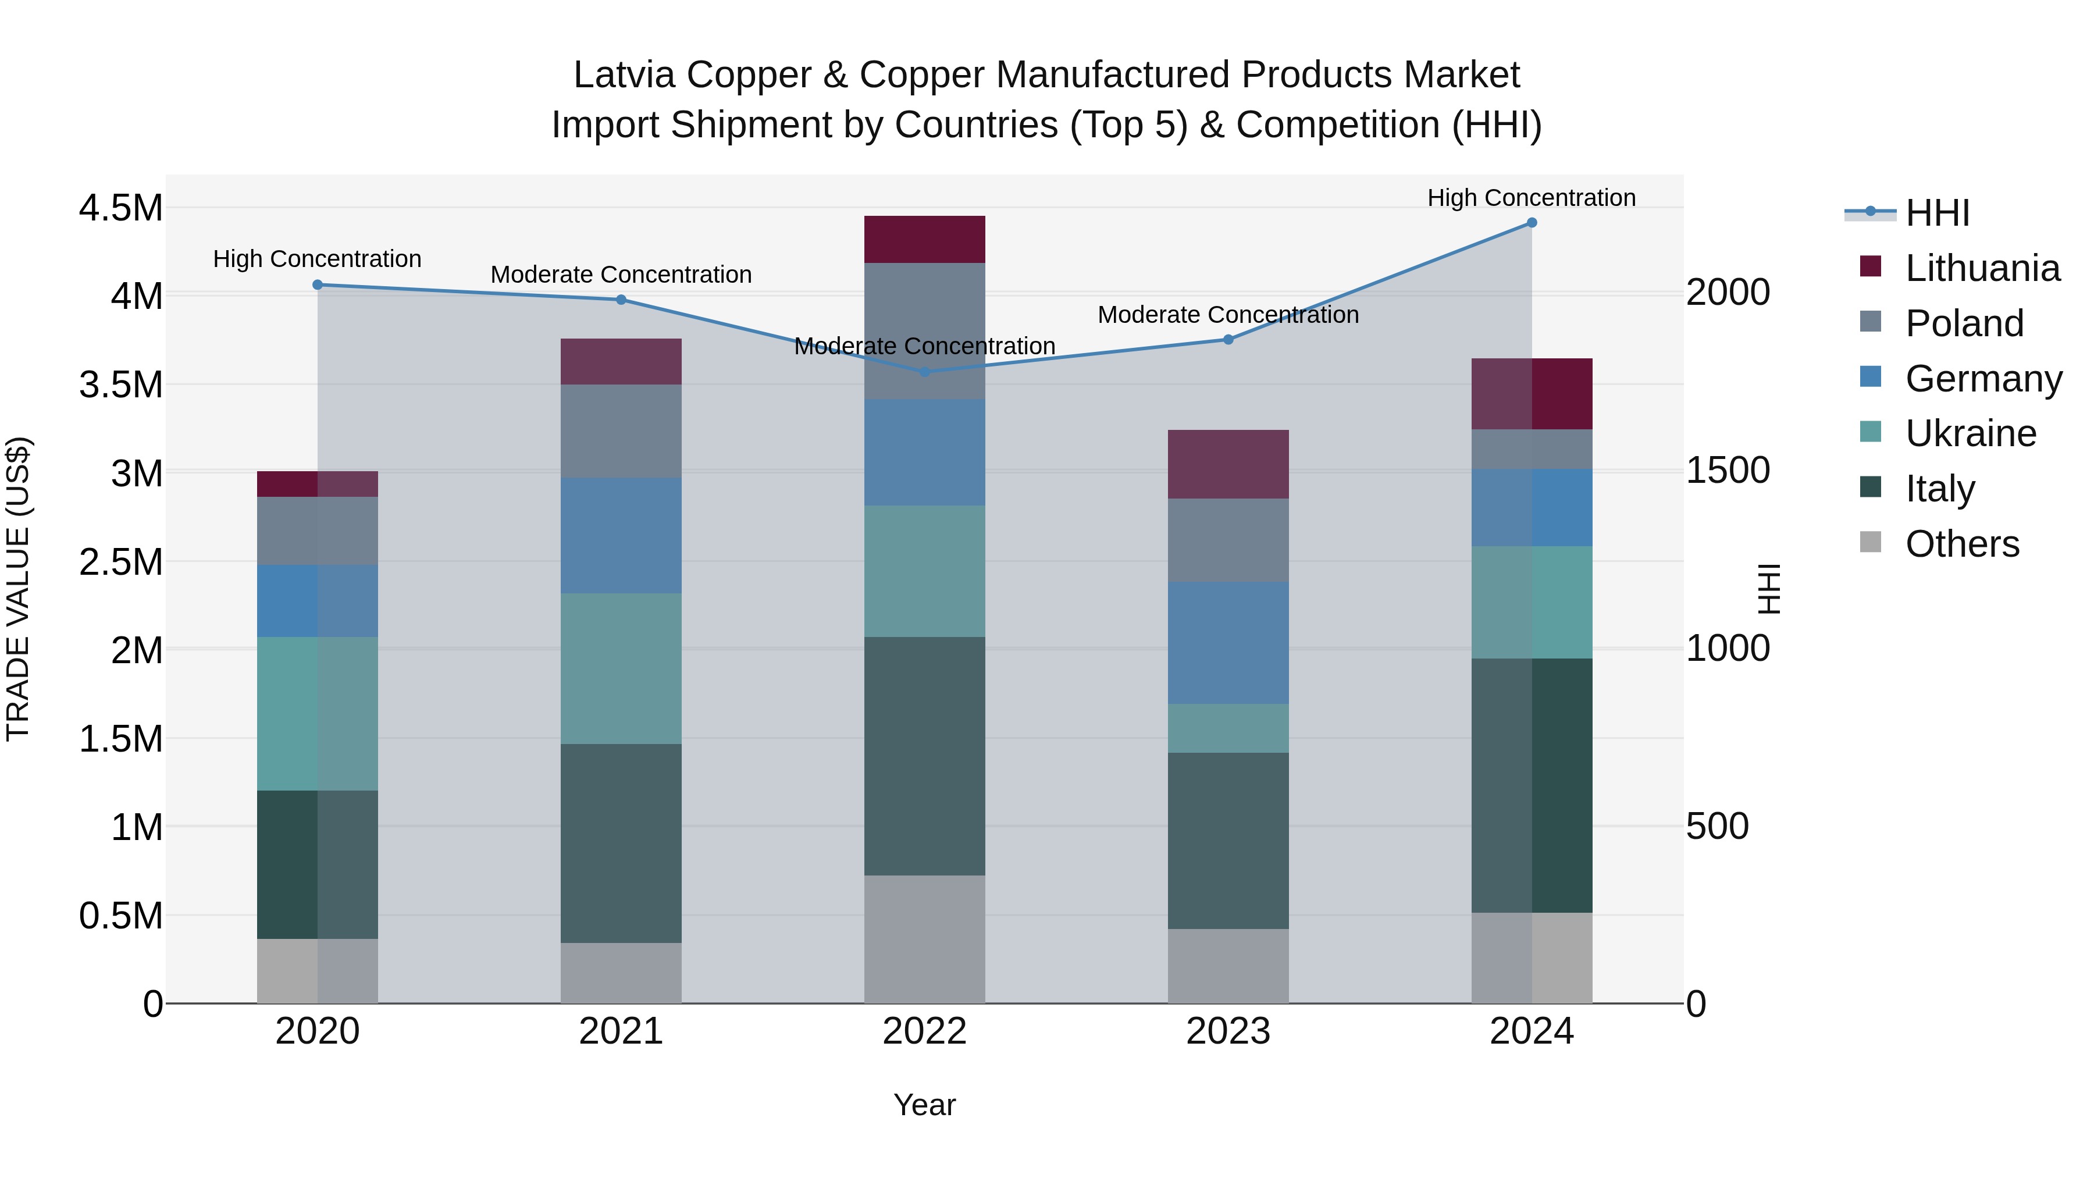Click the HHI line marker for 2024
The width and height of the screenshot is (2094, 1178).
pos(1532,223)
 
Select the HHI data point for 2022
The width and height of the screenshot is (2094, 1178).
pos(924,372)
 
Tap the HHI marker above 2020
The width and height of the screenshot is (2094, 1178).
pos(318,284)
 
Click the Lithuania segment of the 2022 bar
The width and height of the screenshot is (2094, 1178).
pos(924,240)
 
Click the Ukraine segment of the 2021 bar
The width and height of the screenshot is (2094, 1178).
pos(621,668)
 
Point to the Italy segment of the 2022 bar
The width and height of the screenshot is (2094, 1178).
pos(924,756)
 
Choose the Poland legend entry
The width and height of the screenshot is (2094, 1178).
pos(1964,323)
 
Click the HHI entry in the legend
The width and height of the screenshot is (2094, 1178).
pos(1936,213)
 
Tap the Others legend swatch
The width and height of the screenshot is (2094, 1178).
pos(1871,542)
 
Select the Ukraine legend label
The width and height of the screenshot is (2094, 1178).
pos(1971,433)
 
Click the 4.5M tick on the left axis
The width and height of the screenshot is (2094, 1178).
pos(120,208)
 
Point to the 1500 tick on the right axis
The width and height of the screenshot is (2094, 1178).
pos(1728,470)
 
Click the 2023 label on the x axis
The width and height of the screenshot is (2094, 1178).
pos(1227,1031)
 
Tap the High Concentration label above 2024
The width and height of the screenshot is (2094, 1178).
pos(1531,198)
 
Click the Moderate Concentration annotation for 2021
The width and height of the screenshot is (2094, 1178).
pos(621,275)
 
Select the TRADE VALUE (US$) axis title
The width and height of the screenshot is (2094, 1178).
pos(18,589)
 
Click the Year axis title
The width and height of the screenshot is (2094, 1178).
pos(924,1105)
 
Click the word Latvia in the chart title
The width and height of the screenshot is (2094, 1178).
pos(624,75)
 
